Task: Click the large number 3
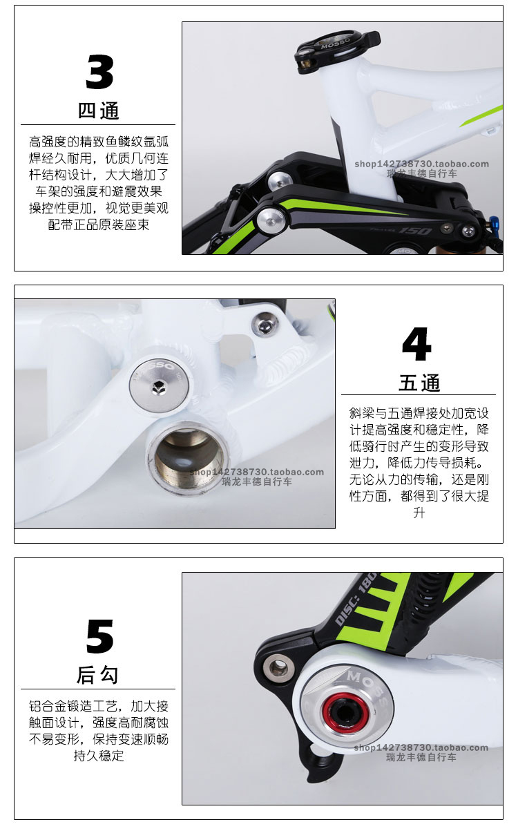[x=99, y=72]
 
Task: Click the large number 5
[x=99, y=637]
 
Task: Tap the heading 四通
[x=98, y=111]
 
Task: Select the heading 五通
[x=419, y=383]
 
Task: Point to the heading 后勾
[x=97, y=675]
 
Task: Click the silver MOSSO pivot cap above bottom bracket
[x=159, y=383]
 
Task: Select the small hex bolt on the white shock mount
[x=265, y=325]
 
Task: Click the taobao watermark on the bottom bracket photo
[x=257, y=477]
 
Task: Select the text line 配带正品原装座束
[x=99, y=225]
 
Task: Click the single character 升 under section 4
[x=419, y=513]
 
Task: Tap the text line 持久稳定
[x=99, y=756]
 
